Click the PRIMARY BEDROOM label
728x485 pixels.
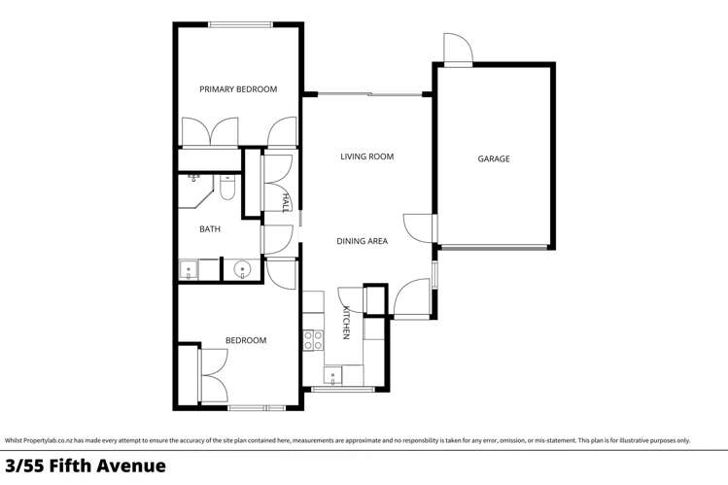pyautogui.click(x=238, y=89)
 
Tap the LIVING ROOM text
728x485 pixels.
pyautogui.click(x=366, y=156)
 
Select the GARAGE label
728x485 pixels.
pyautogui.click(x=493, y=159)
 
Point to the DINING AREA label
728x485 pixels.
pyautogui.click(x=362, y=241)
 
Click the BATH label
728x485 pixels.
pyautogui.click(x=210, y=229)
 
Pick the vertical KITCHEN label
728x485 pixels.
pyautogui.click(x=345, y=322)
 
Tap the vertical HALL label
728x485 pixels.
pyautogui.click(x=286, y=202)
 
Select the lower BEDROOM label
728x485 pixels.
pyautogui.click(x=246, y=340)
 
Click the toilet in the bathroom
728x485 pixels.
pyautogui.click(x=226, y=188)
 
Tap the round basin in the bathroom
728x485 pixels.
pyautogui.click(x=242, y=269)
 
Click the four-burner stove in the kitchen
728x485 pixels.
pyautogui.click(x=313, y=340)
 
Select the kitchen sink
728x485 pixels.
pyautogui.click(x=333, y=375)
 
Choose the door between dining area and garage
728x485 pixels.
pyautogui.click(x=420, y=228)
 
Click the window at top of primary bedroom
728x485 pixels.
pyautogui.click(x=238, y=24)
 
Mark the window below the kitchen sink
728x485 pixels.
pyautogui.click(x=342, y=390)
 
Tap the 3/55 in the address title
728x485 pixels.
pyautogui.click(x=23, y=467)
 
